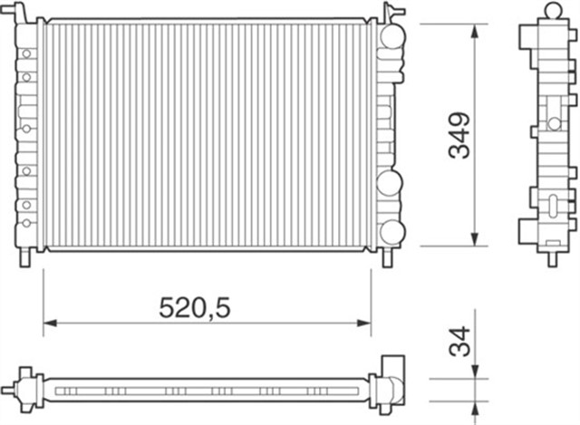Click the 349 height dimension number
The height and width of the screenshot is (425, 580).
[461, 135]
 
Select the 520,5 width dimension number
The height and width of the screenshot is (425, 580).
[194, 307]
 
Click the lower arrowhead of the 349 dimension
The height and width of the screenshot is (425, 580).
[473, 239]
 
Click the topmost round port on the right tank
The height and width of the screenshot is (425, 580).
[391, 37]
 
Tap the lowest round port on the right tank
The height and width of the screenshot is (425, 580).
[391, 231]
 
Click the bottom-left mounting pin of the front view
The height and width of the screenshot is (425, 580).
[25, 257]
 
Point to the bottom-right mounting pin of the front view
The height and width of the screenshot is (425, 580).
[388, 257]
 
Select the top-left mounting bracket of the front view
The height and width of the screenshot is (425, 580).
[23, 13]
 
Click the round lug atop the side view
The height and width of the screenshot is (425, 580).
[552, 11]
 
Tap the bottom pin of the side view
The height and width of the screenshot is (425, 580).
[551, 258]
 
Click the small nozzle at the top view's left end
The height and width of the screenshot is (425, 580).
[9, 391]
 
